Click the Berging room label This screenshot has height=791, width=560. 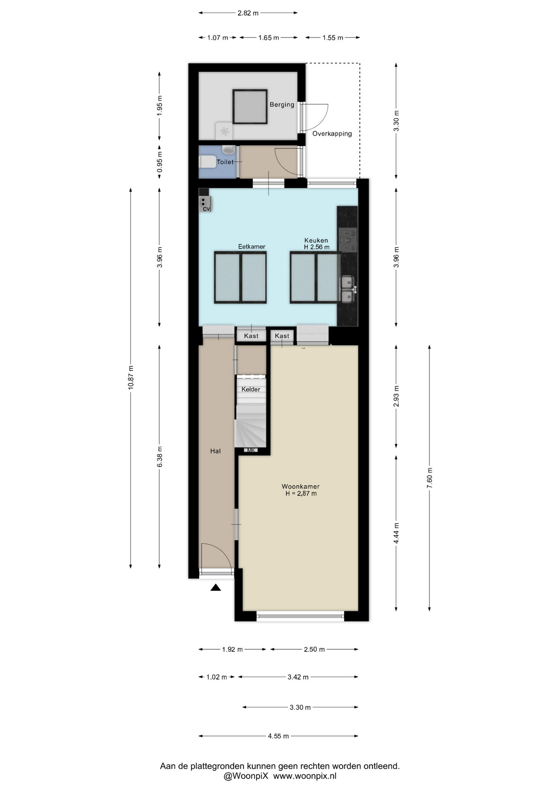[282, 105]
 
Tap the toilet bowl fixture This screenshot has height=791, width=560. [207, 161]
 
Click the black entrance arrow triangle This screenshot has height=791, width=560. [216, 587]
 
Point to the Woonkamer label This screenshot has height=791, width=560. [301, 487]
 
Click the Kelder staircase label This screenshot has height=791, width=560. [251, 389]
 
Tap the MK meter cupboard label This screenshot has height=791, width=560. [251, 450]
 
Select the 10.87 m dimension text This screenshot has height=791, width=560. [131, 377]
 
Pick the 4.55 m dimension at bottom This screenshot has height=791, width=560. [278, 736]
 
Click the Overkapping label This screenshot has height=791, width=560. [332, 133]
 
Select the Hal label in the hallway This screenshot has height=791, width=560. [216, 451]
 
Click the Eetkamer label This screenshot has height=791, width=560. [252, 246]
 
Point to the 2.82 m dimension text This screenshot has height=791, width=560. [248, 13]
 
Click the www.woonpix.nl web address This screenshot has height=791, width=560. [305, 776]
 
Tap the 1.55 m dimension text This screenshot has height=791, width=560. [333, 38]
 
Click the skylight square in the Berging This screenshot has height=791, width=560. [250, 107]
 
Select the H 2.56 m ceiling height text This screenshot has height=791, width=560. [317, 247]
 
